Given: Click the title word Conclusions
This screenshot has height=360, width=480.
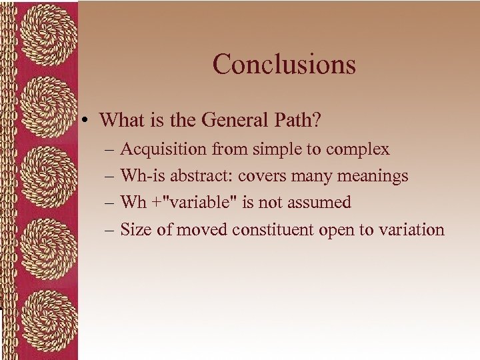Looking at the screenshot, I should coord(284,64).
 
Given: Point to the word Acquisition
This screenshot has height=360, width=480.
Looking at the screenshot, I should coord(164,149).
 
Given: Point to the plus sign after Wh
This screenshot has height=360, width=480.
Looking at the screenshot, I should coord(155,203).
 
